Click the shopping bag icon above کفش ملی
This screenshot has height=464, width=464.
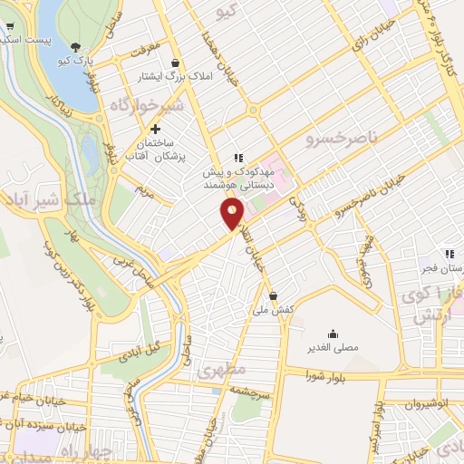pyautogui.click(x=274, y=295)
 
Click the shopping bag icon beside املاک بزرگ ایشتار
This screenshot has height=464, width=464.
pyautogui.click(x=173, y=63)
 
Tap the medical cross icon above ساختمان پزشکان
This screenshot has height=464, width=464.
pyautogui.click(x=155, y=130)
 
